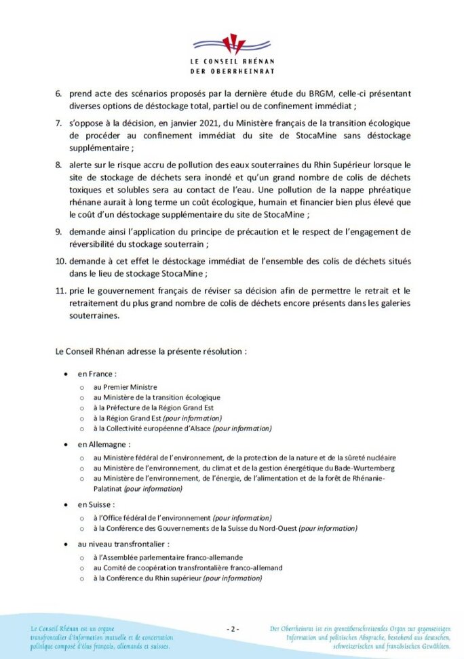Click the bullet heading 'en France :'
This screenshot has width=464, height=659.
tap(97, 374)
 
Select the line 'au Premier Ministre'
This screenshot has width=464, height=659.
tap(125, 386)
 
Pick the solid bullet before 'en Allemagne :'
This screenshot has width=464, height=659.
tap(66, 444)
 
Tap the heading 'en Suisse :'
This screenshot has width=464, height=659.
tap(96, 504)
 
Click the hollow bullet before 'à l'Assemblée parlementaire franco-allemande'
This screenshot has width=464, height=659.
tap(82, 557)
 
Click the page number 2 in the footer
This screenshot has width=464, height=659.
tap(232, 629)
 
